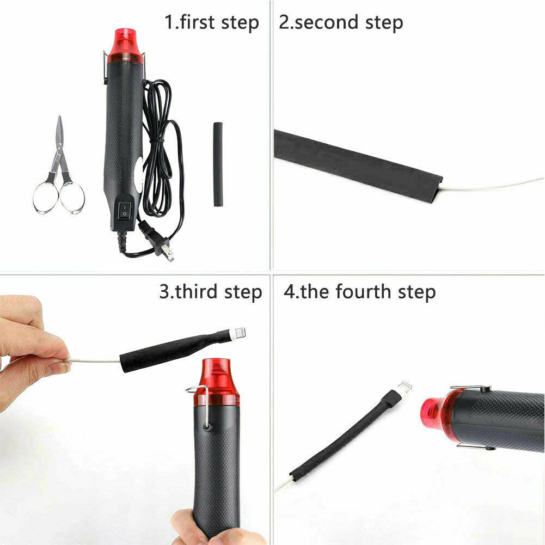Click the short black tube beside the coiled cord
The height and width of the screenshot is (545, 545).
tap(218, 164)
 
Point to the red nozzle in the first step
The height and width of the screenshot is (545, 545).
tap(125, 46)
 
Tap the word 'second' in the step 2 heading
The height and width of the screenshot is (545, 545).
tap(326, 22)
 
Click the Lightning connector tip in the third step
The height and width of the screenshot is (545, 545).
tap(240, 333)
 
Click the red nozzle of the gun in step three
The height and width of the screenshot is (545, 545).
tap(216, 382)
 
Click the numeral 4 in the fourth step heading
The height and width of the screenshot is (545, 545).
tap(289, 291)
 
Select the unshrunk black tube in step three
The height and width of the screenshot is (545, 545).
tap(174, 351)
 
